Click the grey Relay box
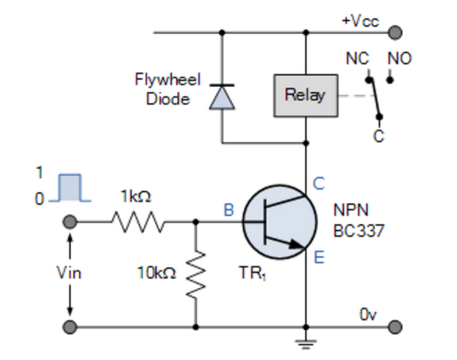pyautogui.click(x=305, y=96)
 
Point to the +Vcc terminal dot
pyautogui.click(x=395, y=32)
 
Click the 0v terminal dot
pyautogui.click(x=395, y=327)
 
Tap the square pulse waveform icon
pyautogui.click(x=70, y=188)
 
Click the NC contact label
pyautogui.click(x=357, y=59)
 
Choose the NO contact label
pyautogui.click(x=400, y=59)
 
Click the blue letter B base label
pyautogui.click(x=229, y=210)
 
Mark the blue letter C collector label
pyautogui.click(x=319, y=183)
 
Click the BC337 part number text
pyautogui.click(x=358, y=232)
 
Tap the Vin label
pyautogui.click(x=69, y=272)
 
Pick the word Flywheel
pyautogui.click(x=159, y=80)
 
